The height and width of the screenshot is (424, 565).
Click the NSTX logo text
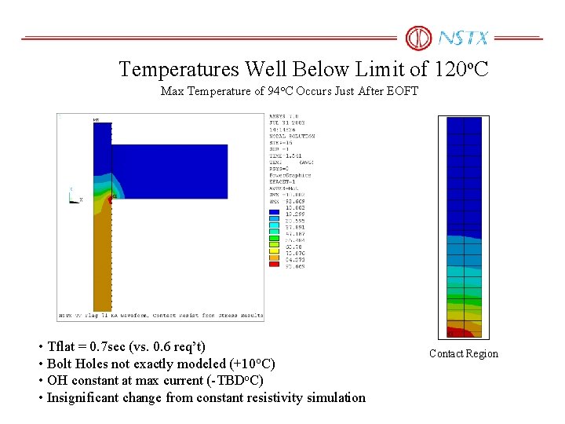pos(463,38)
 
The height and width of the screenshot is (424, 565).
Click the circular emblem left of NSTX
pos(418,38)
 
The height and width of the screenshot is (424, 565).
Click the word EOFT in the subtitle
pos(403,91)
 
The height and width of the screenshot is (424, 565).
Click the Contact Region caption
pos(463,353)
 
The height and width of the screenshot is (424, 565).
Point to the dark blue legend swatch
pos(274,211)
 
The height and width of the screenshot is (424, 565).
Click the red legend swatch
pos(274,265)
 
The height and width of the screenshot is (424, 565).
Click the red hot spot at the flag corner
pos(111,199)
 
